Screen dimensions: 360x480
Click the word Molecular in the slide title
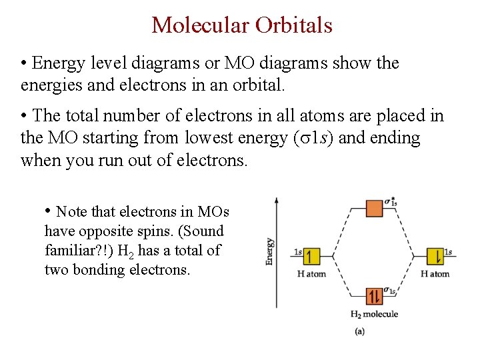click(x=197, y=25)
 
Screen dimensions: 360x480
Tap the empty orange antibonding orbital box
click(x=374, y=208)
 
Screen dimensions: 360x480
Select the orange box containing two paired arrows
click(x=374, y=296)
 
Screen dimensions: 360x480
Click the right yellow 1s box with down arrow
click(x=435, y=256)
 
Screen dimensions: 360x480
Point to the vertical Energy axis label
click(x=269, y=251)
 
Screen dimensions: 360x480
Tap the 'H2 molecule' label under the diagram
click(x=374, y=314)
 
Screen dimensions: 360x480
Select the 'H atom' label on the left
click(x=311, y=273)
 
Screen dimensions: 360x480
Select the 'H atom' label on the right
click(x=435, y=273)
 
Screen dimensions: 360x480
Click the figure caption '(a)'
click(x=360, y=331)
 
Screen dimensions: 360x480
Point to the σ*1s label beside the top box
click(x=391, y=200)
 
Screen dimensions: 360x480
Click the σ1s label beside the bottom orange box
click(x=390, y=291)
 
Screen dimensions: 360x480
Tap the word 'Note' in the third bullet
click(x=72, y=212)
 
